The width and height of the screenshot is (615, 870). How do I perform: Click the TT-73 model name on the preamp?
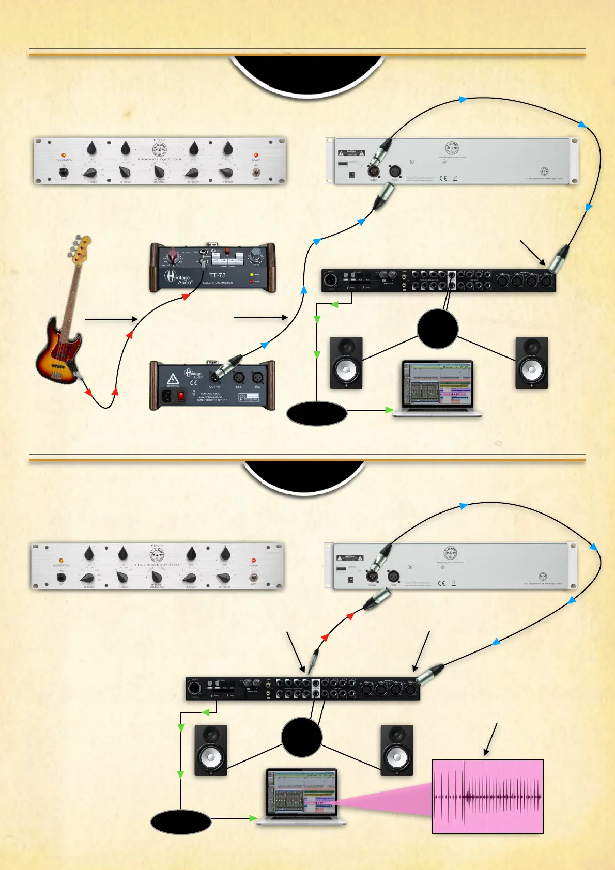(217, 275)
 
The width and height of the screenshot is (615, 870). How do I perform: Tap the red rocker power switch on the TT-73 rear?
(181, 396)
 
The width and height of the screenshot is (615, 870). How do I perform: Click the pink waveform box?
(487, 796)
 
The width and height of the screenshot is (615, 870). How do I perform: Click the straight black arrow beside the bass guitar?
(111, 319)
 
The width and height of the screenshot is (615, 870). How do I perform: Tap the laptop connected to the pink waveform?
(301, 796)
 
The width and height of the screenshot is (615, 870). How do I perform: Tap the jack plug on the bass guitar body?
(78, 376)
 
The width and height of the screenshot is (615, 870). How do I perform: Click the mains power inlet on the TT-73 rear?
(166, 396)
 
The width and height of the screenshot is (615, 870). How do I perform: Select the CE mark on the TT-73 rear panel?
(193, 383)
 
